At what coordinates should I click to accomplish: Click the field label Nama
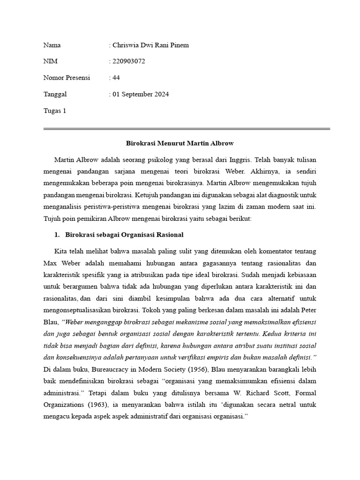click(x=52, y=45)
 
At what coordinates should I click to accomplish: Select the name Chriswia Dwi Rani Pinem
click(x=150, y=45)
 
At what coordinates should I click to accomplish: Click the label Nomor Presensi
click(x=67, y=78)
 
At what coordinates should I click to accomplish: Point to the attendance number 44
click(x=116, y=78)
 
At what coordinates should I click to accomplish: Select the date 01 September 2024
click(x=140, y=94)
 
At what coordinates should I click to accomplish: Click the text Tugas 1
click(x=55, y=111)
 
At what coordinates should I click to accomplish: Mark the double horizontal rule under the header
click(x=187, y=128)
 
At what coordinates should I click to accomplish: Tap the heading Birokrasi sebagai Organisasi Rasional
click(x=124, y=234)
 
